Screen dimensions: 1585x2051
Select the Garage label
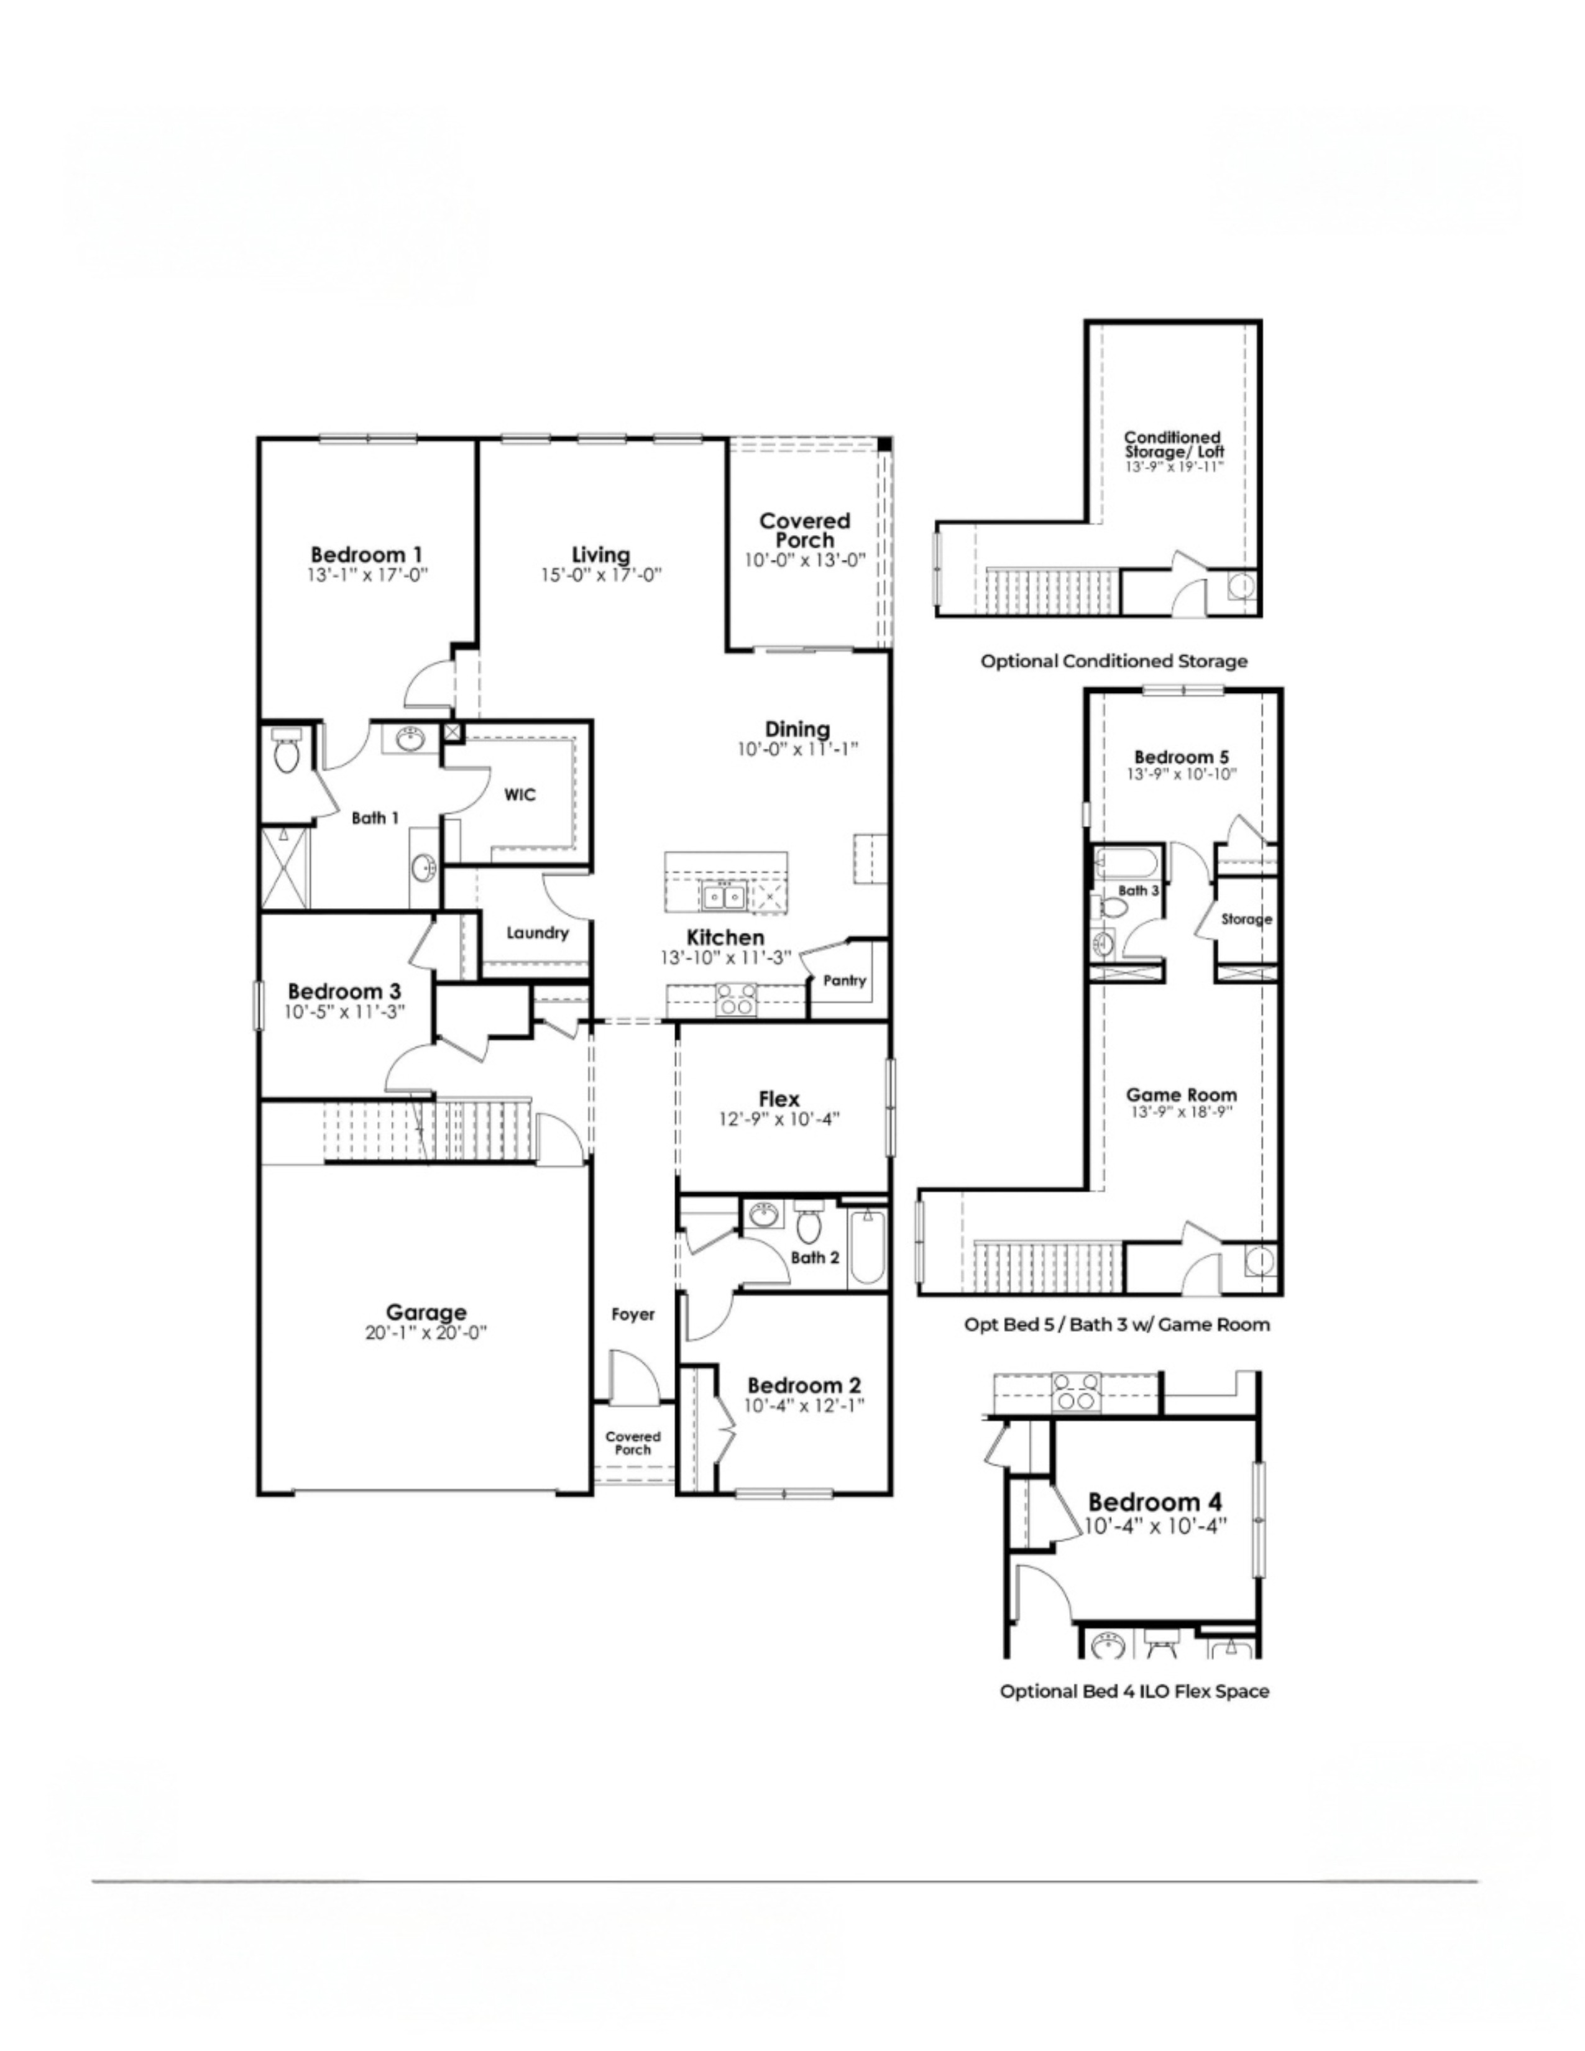426,1312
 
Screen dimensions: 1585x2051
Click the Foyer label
633,1315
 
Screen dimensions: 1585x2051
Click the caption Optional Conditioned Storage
1114,661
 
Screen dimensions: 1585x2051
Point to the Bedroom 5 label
1181,757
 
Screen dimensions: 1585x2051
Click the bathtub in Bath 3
1127,862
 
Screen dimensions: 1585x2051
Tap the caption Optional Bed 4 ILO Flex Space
1134,1691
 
